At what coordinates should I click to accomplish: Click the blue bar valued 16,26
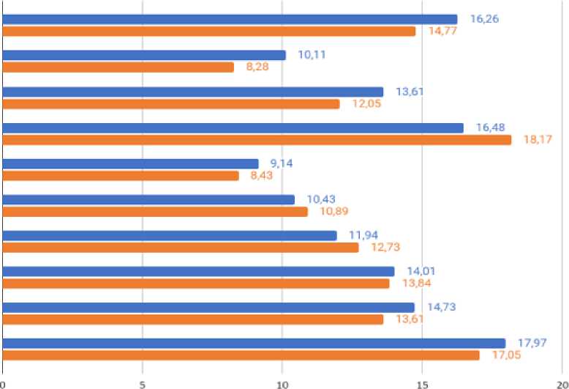230,19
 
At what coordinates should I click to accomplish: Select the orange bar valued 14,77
209,32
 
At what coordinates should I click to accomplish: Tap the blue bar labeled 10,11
144,55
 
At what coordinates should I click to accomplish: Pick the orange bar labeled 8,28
118,67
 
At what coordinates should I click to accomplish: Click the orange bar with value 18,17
257,140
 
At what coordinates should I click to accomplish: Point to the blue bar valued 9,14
130,163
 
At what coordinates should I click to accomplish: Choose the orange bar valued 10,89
155,212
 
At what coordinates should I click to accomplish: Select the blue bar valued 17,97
254,344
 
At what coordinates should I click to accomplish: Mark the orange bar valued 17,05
241,355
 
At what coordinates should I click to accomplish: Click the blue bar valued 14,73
208,308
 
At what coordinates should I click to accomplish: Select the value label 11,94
363,235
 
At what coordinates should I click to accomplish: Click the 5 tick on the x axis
142,383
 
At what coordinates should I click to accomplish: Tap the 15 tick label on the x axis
421,383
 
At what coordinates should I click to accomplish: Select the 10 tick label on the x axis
282,383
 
